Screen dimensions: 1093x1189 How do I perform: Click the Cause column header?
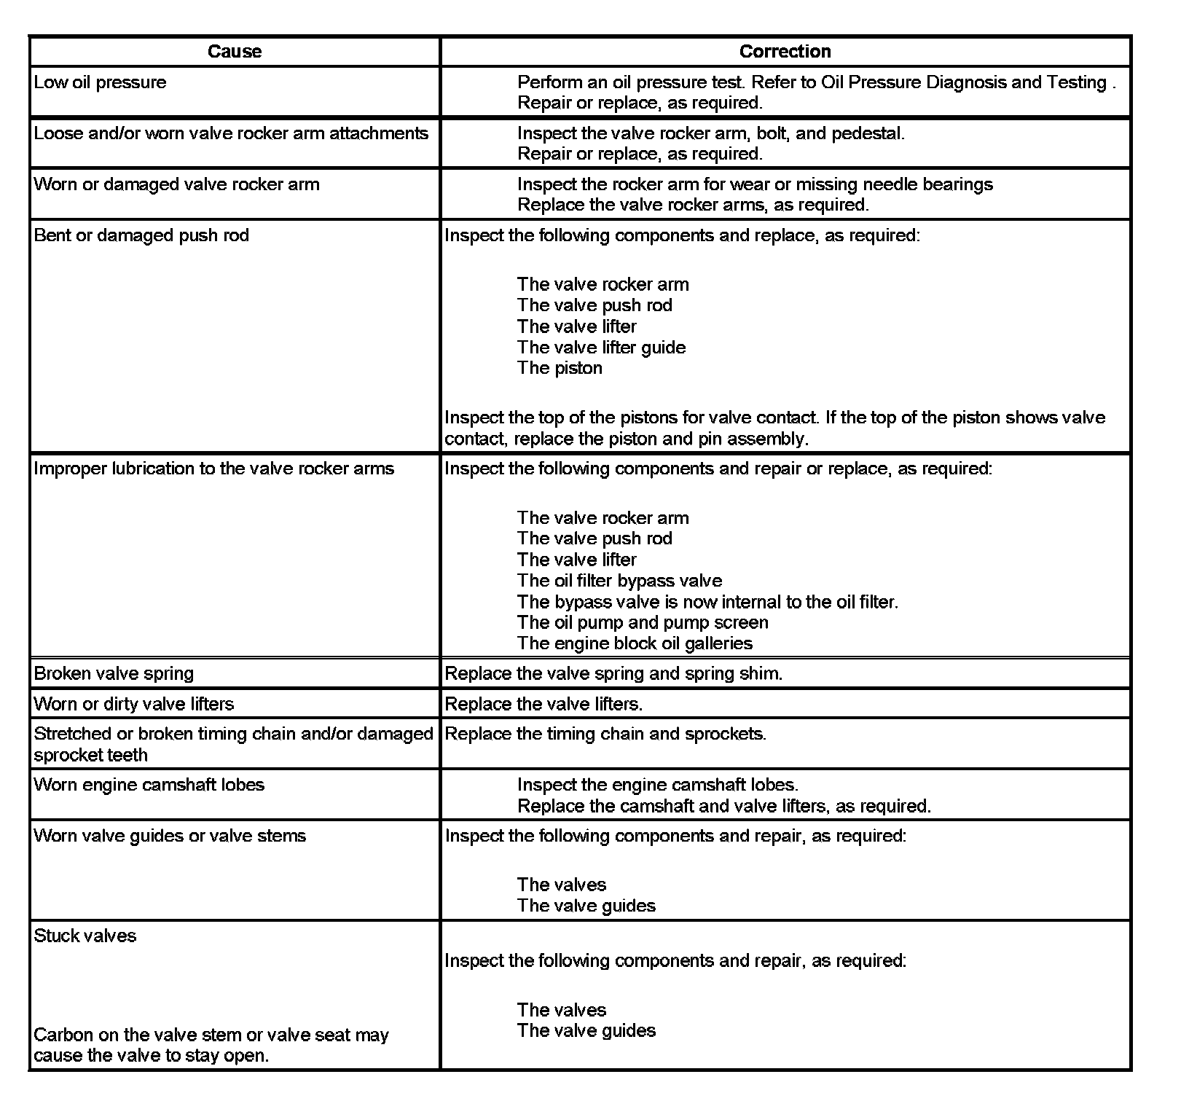pyautogui.click(x=234, y=51)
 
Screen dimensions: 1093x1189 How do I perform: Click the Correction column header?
pyautogui.click(x=785, y=51)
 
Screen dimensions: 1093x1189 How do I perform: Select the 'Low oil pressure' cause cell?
pyautogui.click(x=100, y=82)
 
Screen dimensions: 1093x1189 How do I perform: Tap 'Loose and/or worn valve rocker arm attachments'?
pyautogui.click(x=231, y=133)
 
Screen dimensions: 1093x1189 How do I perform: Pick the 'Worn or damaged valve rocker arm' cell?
pyautogui.click(x=176, y=184)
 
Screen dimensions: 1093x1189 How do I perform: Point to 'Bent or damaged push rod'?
pyautogui.click(x=141, y=235)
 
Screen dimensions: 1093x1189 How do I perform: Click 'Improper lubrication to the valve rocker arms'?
pyautogui.click(x=213, y=469)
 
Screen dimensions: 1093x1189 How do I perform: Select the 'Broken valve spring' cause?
pyautogui.click(x=114, y=673)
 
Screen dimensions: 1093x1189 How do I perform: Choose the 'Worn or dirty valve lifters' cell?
pyautogui.click(x=134, y=704)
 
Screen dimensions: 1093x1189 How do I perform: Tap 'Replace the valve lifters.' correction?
pyautogui.click(x=544, y=704)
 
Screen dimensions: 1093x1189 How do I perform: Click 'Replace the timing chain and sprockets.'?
pyautogui.click(x=605, y=734)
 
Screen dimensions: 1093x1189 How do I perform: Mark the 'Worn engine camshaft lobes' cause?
pyautogui.click(x=149, y=785)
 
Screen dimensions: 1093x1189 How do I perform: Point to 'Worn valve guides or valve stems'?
pyautogui.click(x=170, y=836)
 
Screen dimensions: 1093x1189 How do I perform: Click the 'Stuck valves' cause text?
pyautogui.click(x=85, y=936)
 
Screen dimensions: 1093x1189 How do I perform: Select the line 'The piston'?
pyautogui.click(x=560, y=368)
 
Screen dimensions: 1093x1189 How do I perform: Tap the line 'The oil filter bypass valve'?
pyautogui.click(x=619, y=581)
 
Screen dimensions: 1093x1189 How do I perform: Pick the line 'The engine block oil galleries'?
pyautogui.click(x=635, y=643)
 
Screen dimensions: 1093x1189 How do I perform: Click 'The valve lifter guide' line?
pyautogui.click(x=601, y=348)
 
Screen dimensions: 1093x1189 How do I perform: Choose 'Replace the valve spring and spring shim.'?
pyautogui.click(x=613, y=673)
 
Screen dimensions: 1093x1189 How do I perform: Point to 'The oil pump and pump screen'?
pyautogui.click(x=643, y=623)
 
